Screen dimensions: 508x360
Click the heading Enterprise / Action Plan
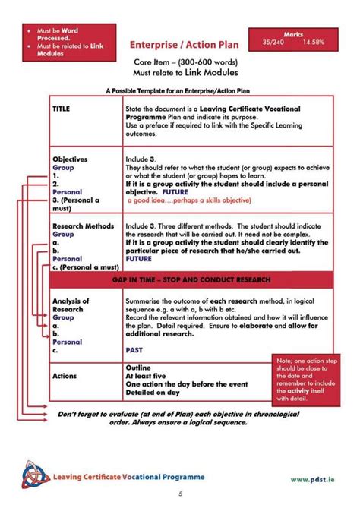coord(184,45)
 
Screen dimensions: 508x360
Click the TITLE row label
coord(62,109)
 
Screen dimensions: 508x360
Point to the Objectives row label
coord(70,159)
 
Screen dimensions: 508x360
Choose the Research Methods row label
coord(83,226)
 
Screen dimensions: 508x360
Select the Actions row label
coord(65,376)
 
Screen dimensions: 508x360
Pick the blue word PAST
coord(134,350)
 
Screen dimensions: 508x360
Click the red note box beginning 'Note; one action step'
coord(303,380)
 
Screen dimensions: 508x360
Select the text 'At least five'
coord(147,376)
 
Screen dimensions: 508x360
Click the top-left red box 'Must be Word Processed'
coord(60,44)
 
